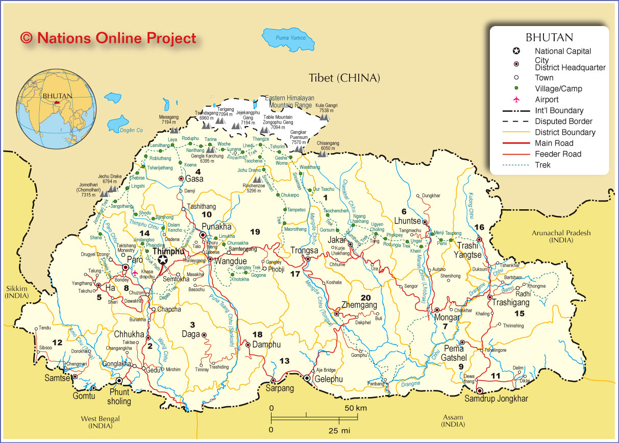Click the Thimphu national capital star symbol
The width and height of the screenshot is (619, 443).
pos(163,260)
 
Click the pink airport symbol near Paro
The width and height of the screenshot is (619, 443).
pos(135,273)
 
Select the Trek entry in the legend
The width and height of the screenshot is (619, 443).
pos(542,165)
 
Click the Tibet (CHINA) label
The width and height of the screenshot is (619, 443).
pos(344,78)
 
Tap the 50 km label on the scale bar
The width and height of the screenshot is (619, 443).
pos(355,408)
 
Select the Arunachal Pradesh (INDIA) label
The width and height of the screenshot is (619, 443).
pos(561,236)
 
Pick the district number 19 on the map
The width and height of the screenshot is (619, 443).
pos(255,232)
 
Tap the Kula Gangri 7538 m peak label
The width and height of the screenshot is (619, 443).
pos(326,108)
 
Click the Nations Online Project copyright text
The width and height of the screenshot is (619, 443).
pos(108,38)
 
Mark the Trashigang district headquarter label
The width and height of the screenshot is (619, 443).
pos(511,303)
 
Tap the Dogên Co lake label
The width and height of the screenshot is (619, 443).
pos(131,130)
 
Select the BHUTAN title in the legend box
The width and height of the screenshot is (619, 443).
pos(549,37)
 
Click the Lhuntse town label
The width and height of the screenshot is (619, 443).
pos(407,220)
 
